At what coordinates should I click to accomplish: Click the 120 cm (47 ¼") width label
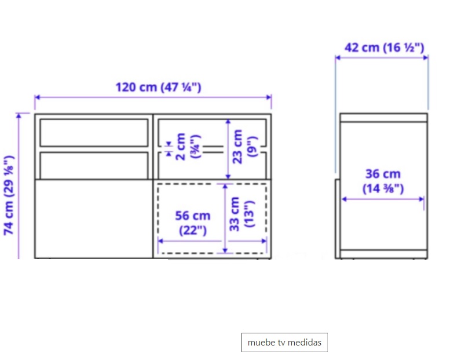click(158, 88)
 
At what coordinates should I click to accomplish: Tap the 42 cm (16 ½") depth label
click(385, 48)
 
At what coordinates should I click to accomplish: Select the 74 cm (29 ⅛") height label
click(9, 195)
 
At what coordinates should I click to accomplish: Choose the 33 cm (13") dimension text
click(241, 214)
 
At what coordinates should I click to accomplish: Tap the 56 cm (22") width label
click(193, 223)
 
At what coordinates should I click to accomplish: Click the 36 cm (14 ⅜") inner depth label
click(383, 181)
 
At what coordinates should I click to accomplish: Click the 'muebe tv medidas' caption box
click(284, 343)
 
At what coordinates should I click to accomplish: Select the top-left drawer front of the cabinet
click(94, 133)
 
